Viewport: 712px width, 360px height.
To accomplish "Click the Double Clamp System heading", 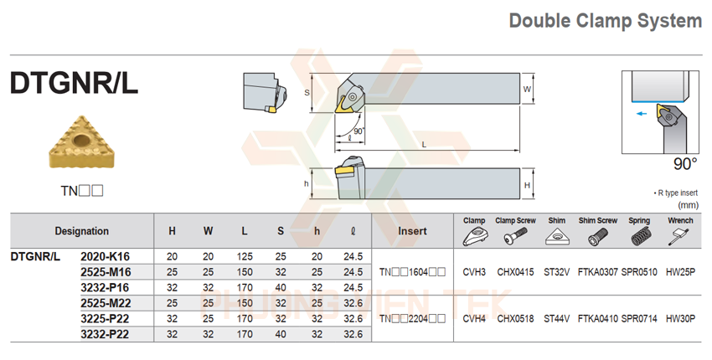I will (x=606, y=22).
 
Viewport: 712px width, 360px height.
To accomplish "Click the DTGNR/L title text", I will (x=74, y=83).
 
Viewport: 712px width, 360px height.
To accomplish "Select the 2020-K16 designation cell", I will (x=105, y=256).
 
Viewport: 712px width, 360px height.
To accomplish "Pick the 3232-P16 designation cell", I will (x=105, y=287).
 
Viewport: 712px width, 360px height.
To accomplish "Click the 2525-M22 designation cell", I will (x=105, y=302).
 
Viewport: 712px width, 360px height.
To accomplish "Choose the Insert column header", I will (x=412, y=231).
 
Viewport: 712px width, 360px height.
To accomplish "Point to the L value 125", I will (x=244, y=256).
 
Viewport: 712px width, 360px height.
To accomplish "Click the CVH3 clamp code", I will (x=474, y=272).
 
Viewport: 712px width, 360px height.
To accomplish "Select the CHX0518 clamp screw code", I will (x=515, y=318).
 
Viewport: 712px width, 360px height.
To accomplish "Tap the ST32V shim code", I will (x=556, y=272).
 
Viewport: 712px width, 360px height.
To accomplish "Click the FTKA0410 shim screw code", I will (x=597, y=318).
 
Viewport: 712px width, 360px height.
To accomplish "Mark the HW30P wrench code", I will (x=681, y=318).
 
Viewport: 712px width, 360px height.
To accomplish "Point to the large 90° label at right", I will (x=684, y=163).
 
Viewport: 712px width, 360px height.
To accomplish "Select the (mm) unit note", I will (x=689, y=204).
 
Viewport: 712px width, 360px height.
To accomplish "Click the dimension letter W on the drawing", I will (x=527, y=88).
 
